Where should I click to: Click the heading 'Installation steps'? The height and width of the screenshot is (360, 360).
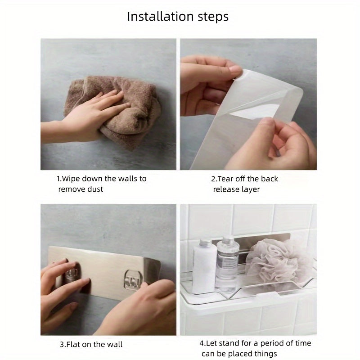click(x=178, y=17)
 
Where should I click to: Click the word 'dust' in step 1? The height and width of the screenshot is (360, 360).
click(x=94, y=189)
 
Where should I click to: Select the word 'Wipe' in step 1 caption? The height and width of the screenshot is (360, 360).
click(x=71, y=179)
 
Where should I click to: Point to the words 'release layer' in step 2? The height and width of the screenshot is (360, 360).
click(x=236, y=189)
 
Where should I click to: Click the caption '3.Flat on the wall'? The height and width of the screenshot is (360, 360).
click(x=91, y=344)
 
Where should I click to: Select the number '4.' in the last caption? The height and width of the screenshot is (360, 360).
click(x=202, y=343)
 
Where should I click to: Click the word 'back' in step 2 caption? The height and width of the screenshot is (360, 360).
click(x=268, y=179)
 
